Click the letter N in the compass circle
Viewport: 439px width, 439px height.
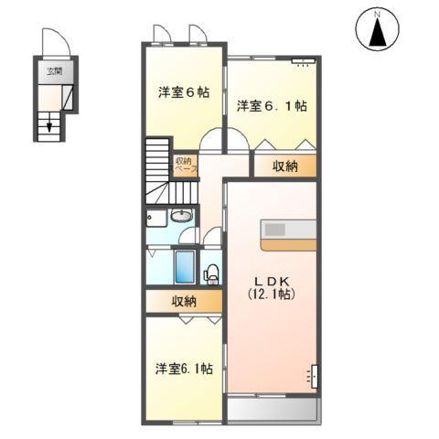376,15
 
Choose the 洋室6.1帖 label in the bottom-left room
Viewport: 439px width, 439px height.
184,369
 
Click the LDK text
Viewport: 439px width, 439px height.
272,280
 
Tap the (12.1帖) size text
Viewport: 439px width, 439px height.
272,295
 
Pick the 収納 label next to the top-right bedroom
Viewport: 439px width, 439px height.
285,166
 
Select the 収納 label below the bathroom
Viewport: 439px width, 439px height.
183,301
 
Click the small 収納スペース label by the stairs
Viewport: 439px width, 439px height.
185,166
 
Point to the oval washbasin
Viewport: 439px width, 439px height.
180,217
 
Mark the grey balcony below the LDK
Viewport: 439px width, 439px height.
272,408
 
